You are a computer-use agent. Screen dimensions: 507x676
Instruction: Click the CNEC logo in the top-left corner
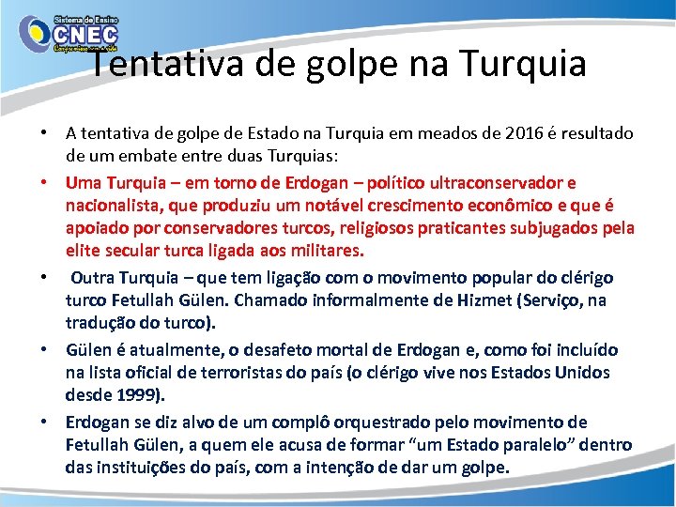(67, 35)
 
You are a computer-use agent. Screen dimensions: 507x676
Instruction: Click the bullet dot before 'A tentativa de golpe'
(45, 134)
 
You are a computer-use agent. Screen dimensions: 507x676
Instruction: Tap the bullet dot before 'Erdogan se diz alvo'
(45, 422)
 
